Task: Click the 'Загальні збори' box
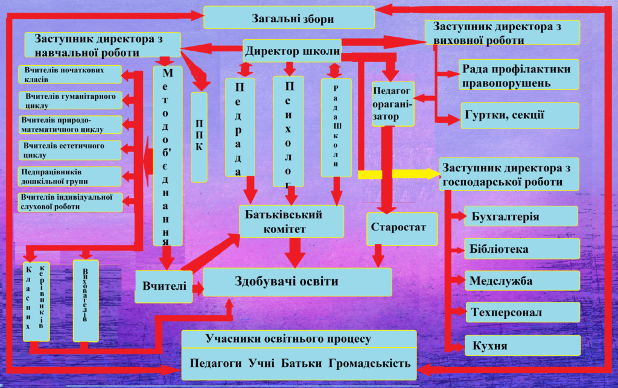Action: [288, 17]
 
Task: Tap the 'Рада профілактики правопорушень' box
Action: [518, 75]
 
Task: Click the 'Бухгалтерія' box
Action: [521, 216]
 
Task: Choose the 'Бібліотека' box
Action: [521, 249]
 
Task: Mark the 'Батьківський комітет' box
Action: [291, 221]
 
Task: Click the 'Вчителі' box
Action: [164, 286]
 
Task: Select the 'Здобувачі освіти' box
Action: [297, 282]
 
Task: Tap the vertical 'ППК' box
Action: [199, 137]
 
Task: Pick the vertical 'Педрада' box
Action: [240, 127]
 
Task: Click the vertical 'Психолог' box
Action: [288, 132]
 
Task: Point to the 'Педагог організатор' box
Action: [393, 104]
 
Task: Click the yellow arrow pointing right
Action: [398, 174]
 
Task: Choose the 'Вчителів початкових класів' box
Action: [70, 74]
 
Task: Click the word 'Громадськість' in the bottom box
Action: [370, 364]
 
